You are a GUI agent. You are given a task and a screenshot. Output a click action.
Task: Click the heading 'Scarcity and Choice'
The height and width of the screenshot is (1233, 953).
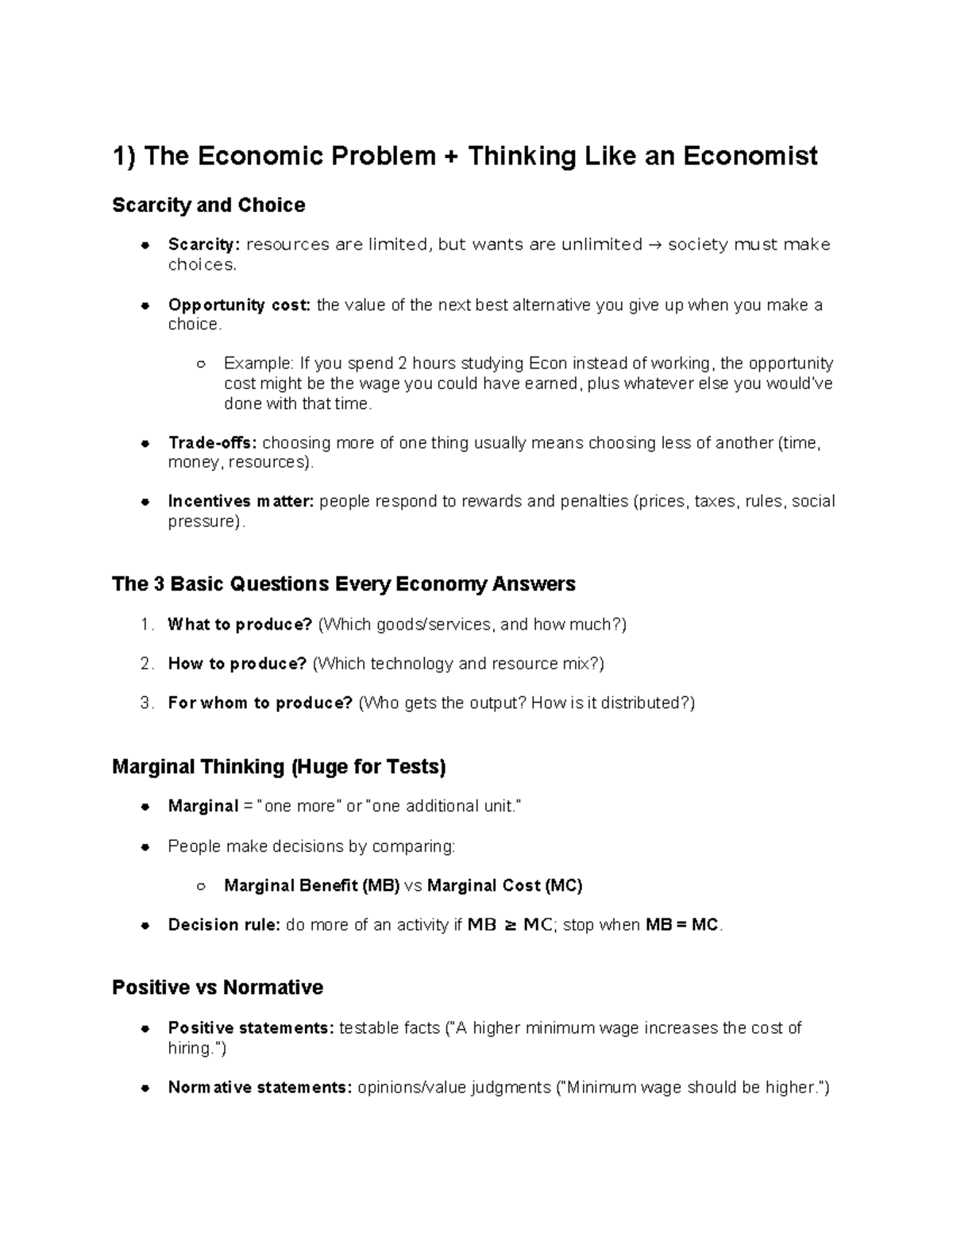coord(208,206)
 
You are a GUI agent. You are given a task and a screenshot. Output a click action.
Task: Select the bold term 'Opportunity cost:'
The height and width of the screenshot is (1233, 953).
coord(239,305)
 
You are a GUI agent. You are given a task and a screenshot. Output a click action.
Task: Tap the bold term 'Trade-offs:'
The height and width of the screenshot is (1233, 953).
coord(212,443)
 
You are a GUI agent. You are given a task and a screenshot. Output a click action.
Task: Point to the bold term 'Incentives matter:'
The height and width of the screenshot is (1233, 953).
coord(241,502)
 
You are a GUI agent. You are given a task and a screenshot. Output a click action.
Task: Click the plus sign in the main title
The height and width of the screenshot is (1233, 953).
coord(452,156)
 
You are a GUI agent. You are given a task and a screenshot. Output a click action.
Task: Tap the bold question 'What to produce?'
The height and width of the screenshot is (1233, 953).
coord(240,625)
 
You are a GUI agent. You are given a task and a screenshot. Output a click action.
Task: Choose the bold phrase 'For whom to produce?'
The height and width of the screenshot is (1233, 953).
coord(260,703)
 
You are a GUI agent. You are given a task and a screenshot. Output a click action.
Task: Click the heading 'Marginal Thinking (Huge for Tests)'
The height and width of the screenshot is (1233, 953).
coord(279,767)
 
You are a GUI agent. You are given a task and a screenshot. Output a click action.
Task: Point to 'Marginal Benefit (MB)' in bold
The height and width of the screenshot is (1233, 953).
coord(311,886)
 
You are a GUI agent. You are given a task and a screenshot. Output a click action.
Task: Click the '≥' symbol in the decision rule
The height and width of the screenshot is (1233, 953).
coord(510,926)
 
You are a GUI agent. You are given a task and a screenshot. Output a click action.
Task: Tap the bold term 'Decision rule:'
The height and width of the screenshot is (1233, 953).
coord(224,926)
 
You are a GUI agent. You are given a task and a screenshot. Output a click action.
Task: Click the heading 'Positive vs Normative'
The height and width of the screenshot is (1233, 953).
coord(218,988)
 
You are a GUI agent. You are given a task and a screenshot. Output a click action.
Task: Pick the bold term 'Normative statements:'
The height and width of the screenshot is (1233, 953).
coord(260,1088)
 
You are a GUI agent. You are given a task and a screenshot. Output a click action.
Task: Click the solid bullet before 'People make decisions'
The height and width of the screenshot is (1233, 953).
coord(145,847)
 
